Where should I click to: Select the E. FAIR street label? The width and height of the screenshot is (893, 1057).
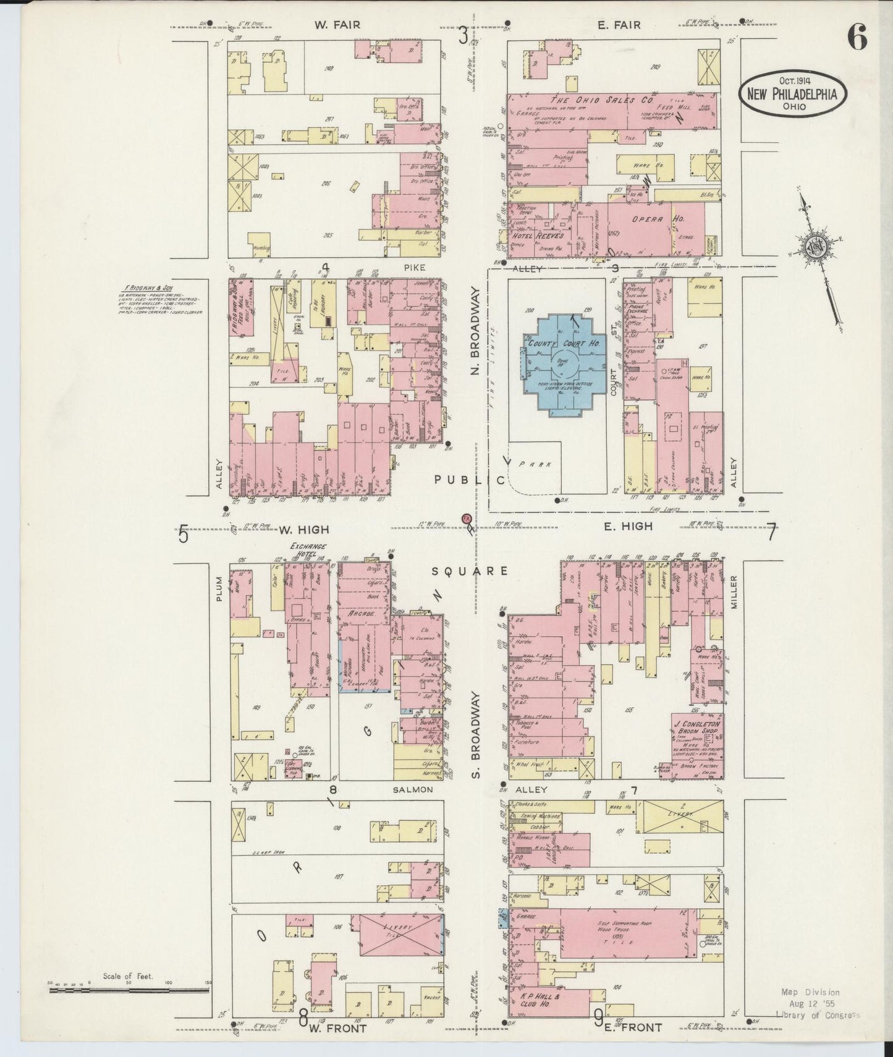(619, 25)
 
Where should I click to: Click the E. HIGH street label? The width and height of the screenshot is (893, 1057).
(627, 526)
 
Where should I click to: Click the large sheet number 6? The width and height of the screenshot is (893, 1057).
(857, 38)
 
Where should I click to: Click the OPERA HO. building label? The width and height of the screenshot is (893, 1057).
(648, 219)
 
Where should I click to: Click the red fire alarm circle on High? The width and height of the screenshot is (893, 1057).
(467, 517)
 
